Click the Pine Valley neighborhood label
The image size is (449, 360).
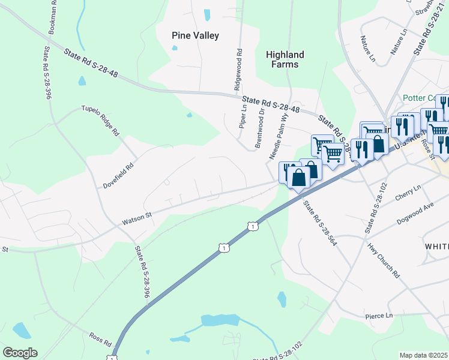pos(195,35)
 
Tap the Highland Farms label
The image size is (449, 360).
pos(285,59)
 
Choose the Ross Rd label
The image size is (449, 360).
pos(101,340)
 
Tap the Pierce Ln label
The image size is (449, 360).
pos(378,316)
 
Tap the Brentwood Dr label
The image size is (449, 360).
pos(261,128)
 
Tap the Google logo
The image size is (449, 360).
pos(19,352)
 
